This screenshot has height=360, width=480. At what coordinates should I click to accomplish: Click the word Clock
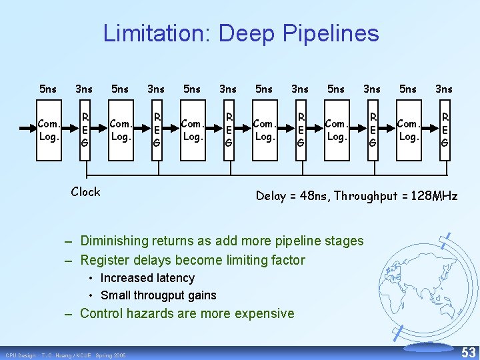tap(85, 192)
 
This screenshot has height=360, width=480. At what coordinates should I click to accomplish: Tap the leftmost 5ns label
tap(48, 89)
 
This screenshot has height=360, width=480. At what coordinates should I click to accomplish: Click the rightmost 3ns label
tap(443, 89)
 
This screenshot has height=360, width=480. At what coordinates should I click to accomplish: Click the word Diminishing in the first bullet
tap(115, 241)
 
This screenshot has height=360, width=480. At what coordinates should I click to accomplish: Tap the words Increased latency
tap(147, 278)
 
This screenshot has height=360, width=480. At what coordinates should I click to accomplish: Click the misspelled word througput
tap(161, 295)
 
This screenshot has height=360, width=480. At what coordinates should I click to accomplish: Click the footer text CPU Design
tap(20, 355)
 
